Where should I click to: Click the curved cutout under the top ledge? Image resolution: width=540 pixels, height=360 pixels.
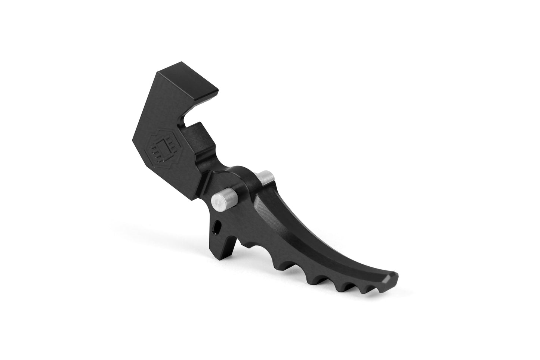pyautogui.click(x=187, y=118)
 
